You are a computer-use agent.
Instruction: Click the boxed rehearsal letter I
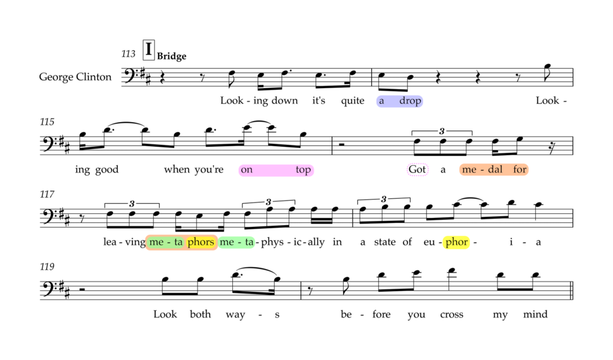[148, 50]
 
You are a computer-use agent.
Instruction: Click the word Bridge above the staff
[172, 56]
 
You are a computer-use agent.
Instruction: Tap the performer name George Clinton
[75, 77]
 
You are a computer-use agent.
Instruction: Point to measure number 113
[128, 53]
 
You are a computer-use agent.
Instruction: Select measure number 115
[47, 122]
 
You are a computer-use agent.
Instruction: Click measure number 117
[47, 194]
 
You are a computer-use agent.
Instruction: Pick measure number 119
[47, 267]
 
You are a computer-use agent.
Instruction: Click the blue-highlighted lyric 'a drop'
[399, 101]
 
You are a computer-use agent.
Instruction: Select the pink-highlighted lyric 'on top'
[276, 170]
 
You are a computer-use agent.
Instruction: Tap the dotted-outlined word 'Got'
[417, 170]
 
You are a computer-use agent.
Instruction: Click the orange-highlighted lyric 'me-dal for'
[494, 170]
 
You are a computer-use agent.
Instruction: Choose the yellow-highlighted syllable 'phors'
[201, 242]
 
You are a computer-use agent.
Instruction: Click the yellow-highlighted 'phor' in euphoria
[456, 242]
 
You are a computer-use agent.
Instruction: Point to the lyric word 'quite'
[353, 101]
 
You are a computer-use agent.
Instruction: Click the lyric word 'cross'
[451, 314]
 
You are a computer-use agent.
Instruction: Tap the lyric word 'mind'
[535, 314]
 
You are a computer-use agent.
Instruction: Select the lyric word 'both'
[200, 314]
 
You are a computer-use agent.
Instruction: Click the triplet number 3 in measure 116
[442, 131]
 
